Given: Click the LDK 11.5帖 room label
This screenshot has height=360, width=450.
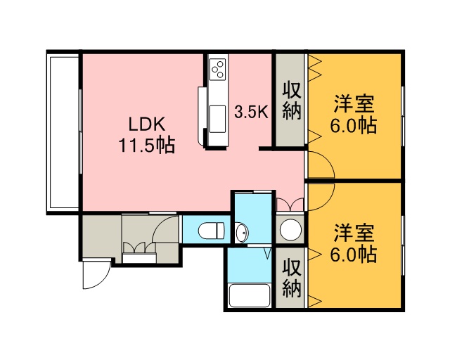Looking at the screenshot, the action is pos(146,134).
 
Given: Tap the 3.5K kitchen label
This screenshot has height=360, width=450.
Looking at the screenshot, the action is pos(251,112).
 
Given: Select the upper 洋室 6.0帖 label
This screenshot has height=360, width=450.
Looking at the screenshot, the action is pos(354,115).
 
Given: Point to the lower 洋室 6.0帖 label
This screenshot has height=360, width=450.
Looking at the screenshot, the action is pos(354,244).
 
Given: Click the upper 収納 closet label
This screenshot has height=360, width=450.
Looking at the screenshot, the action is pos(292,101).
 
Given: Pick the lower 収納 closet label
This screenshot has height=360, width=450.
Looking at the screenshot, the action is pos(292,278).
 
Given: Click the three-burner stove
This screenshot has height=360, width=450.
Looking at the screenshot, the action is pos(217,69).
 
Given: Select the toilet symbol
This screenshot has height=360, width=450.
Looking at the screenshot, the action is pos(211,230).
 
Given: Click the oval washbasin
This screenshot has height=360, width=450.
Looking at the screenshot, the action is pos(240,233).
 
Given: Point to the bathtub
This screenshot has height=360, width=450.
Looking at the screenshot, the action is pos(250,296).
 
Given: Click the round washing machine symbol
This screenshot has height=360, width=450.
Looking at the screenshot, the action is pos(290,229).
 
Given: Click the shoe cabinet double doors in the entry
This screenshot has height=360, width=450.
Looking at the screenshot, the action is pos(139,247).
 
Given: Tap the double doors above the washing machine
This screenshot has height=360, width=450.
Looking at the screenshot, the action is pos(290,204).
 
